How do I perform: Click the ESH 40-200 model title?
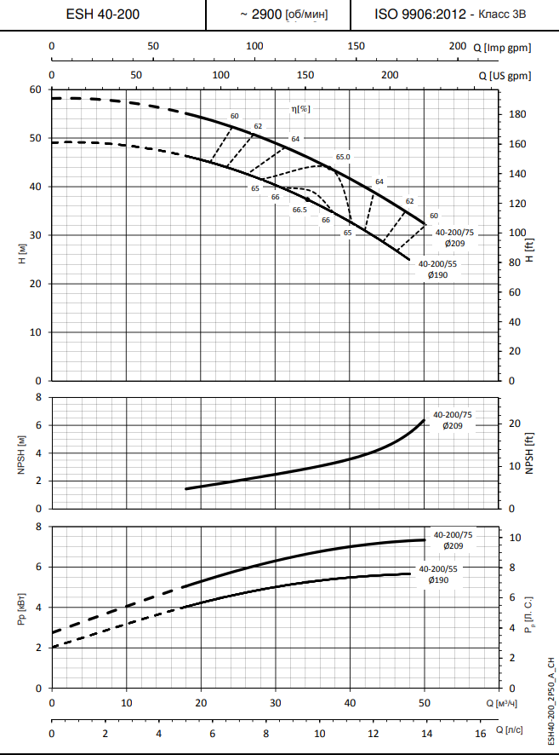103,14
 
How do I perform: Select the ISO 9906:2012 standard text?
418,14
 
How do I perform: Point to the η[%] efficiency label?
300,108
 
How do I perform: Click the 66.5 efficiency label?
299,210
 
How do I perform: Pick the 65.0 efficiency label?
343,158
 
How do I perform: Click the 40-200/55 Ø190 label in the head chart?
438,269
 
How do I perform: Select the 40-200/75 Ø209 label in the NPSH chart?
453,419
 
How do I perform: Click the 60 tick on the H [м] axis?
36,89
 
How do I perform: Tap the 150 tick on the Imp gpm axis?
356,46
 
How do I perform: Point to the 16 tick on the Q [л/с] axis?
480,734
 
